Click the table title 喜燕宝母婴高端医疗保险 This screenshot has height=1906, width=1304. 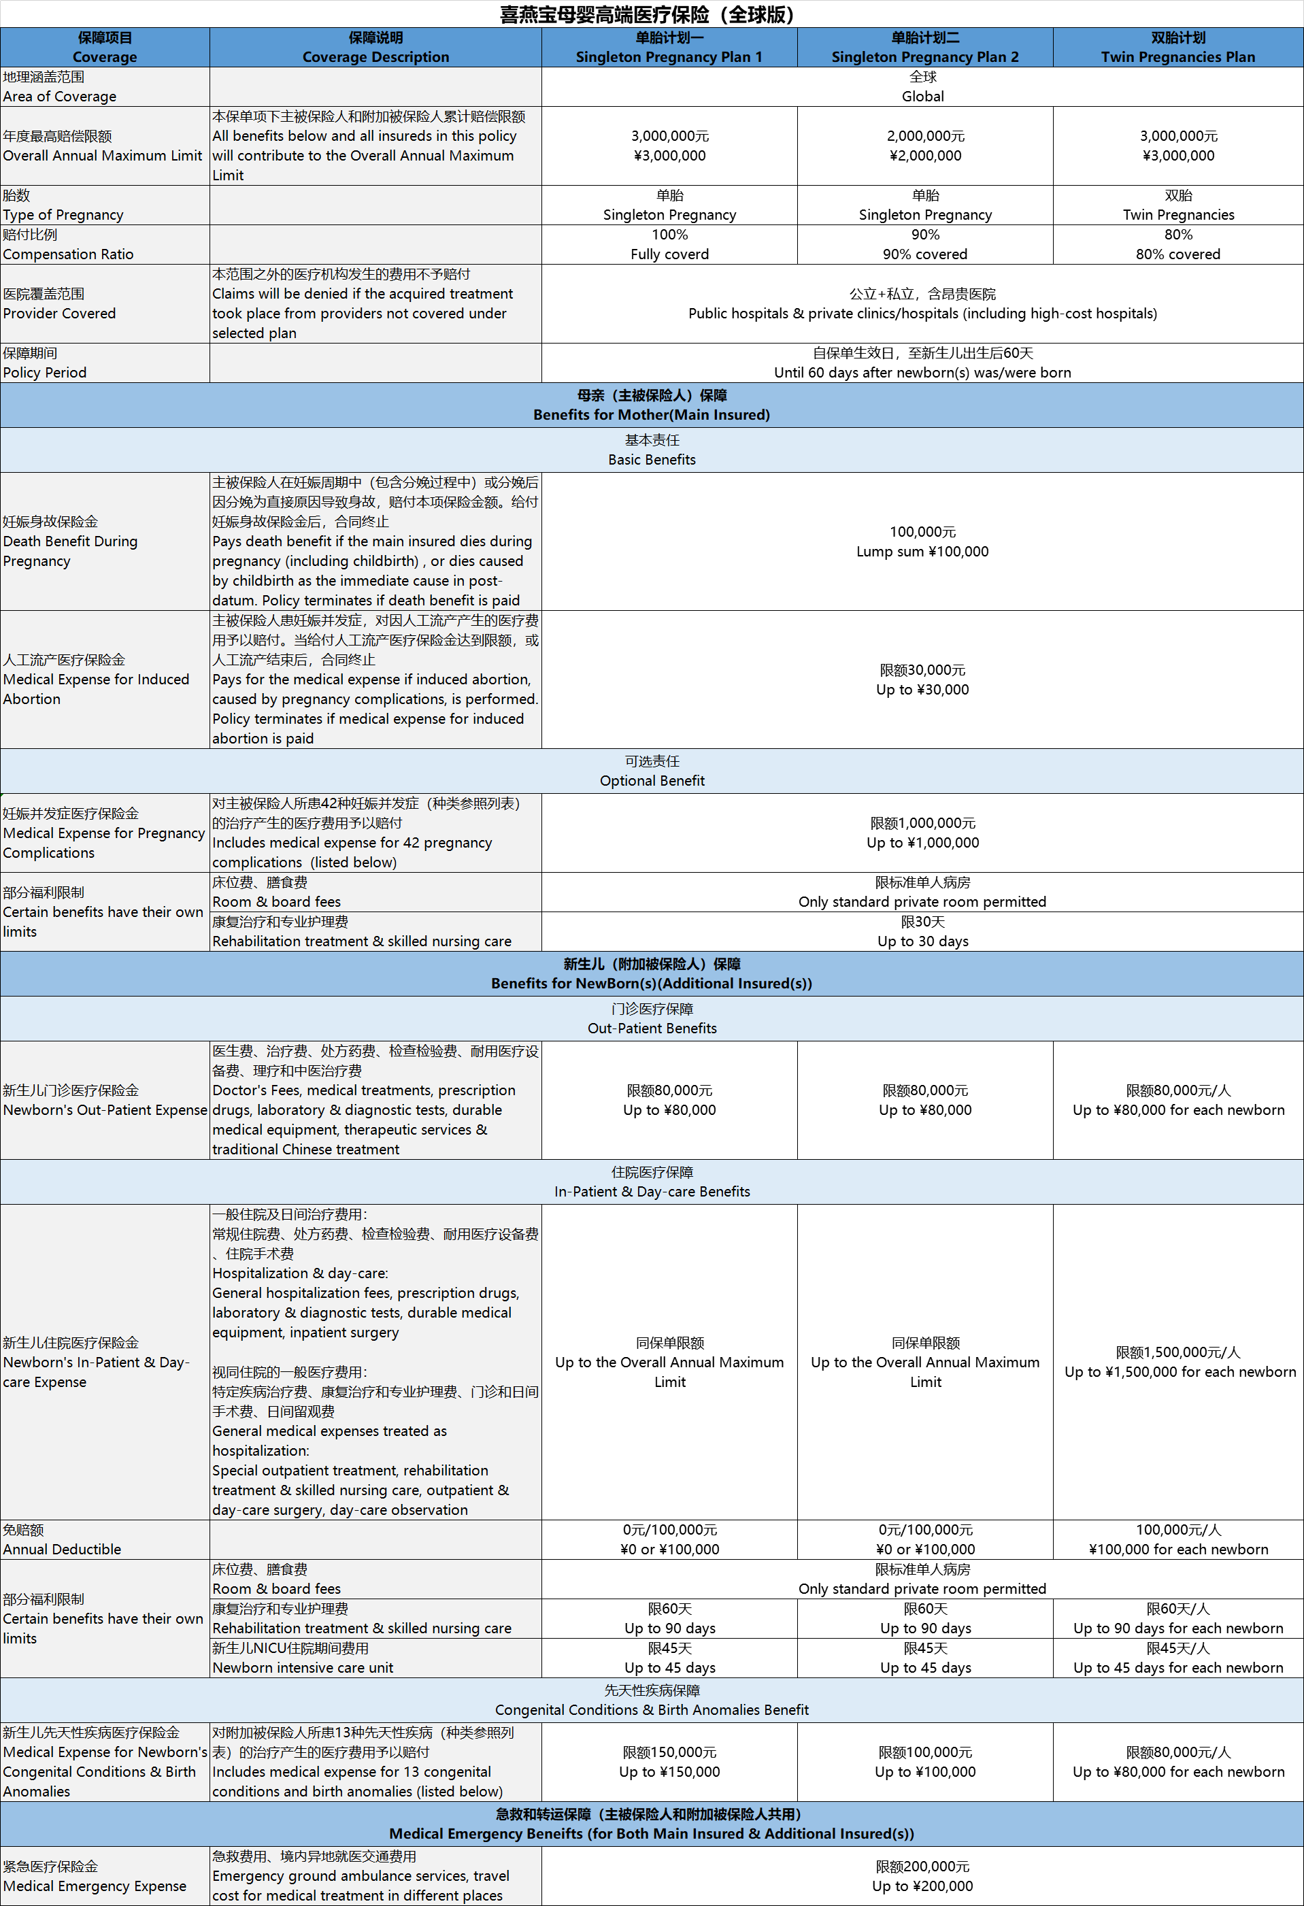tap(646, 14)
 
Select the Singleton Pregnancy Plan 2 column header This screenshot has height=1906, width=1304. tap(924, 48)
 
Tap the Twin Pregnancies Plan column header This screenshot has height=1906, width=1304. tap(1177, 48)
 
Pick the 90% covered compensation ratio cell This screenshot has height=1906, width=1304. tap(924, 244)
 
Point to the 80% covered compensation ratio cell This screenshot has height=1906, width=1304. tap(1177, 244)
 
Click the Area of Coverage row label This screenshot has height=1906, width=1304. tap(60, 87)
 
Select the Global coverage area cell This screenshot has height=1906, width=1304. tap(922, 87)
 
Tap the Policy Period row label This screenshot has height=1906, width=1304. tap(45, 363)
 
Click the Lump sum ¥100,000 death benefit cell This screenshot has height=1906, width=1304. tap(922, 542)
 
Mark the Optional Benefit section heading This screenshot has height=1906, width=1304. tap(652, 771)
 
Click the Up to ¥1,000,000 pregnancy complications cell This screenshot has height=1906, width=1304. tap(922, 833)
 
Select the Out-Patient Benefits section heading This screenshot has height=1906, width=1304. tap(652, 1018)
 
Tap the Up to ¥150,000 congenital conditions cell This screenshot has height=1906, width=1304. tap(669, 1762)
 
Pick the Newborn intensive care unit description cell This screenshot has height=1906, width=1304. tap(303, 1658)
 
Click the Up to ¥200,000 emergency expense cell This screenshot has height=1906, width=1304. tap(922, 1877)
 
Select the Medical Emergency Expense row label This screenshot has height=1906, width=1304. tap(95, 1877)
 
